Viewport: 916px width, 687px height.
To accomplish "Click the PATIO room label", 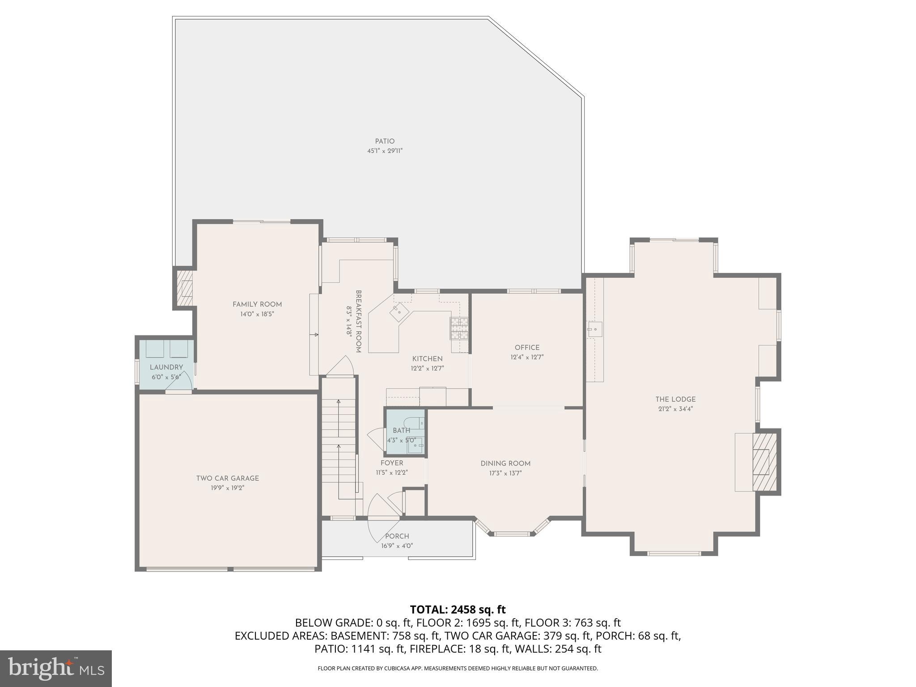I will tap(385, 141).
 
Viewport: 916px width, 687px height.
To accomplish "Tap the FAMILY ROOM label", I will tap(257, 305).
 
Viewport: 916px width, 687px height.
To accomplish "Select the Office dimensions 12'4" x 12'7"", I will tap(527, 357).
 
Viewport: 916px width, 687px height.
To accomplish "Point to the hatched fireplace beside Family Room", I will tap(185, 288).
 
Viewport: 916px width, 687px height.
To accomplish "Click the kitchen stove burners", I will tap(459, 329).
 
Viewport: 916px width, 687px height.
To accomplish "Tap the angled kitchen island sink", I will tap(399, 312).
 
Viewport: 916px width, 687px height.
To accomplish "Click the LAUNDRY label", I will tap(166, 367).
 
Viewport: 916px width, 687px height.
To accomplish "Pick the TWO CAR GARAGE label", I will tap(228, 479).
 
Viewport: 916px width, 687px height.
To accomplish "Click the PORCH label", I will tap(397, 536).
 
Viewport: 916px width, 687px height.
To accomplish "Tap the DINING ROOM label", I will tap(505, 464).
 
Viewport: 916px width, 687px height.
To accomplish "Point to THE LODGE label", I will tap(675, 399).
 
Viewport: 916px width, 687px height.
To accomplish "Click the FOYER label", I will tap(392, 463).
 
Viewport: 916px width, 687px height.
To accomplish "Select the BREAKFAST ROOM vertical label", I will tap(358, 321).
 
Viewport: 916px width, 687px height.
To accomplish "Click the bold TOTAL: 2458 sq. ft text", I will tap(458, 610).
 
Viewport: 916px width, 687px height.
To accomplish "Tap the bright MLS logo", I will tap(55, 668).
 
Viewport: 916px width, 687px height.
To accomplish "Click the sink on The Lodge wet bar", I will tap(594, 330).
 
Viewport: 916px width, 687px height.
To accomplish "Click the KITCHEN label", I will tap(427, 359).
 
